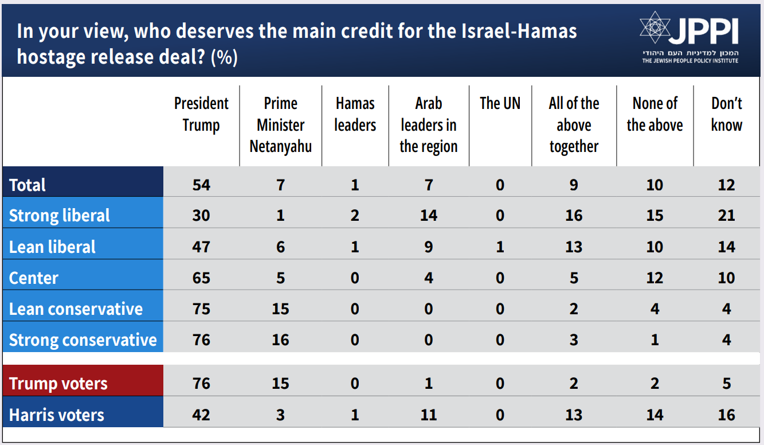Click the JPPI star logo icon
[x=655, y=28]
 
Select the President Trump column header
[x=201, y=114]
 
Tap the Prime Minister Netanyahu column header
[x=280, y=125]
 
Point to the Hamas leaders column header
[x=355, y=114]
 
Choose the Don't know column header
[x=726, y=114]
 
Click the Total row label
[x=28, y=185]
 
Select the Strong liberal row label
[x=60, y=216]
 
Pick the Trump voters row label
[x=58, y=384]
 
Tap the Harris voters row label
[x=57, y=415]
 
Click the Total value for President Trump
[x=201, y=185]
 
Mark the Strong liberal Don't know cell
[x=726, y=216]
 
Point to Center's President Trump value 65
[x=201, y=278]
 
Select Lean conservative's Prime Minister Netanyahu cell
[x=280, y=309]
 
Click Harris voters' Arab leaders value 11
[x=428, y=415]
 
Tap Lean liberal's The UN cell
[x=500, y=247]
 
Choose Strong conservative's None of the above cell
[x=655, y=340]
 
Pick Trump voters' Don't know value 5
[x=726, y=384]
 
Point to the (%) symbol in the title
[x=224, y=58]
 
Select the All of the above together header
[x=574, y=125]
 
